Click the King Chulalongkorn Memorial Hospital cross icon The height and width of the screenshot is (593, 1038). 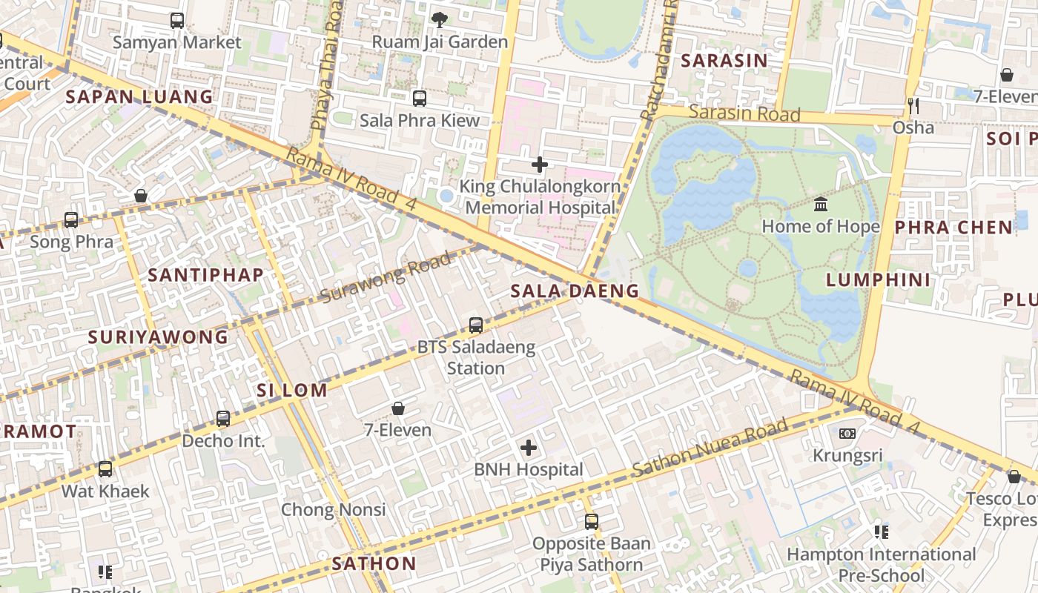coord(540,165)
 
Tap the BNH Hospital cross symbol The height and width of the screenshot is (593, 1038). coord(529,448)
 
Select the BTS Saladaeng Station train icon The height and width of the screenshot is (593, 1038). coord(476,325)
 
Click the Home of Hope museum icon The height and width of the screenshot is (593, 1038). coord(821,205)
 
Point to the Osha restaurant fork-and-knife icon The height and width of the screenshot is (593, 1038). coord(913,106)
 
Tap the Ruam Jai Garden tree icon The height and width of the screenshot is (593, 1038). coord(440,20)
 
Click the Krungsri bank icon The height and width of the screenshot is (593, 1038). coord(847,434)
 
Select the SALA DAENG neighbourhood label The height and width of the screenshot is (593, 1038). coord(575,291)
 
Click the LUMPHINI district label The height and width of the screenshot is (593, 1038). coord(878,279)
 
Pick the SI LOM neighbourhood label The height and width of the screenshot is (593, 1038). coord(292,391)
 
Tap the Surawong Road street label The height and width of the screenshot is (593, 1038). coord(386,278)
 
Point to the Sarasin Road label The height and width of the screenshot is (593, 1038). coord(744,113)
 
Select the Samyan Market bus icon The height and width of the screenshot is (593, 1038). coord(177,21)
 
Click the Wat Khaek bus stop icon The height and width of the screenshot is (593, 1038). coord(105,469)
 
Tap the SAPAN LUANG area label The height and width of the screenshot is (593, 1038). coord(139,96)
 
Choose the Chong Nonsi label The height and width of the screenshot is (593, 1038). coord(333,509)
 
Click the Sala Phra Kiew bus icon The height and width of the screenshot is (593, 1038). coord(420,98)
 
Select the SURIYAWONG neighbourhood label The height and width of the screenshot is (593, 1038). coord(158,337)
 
